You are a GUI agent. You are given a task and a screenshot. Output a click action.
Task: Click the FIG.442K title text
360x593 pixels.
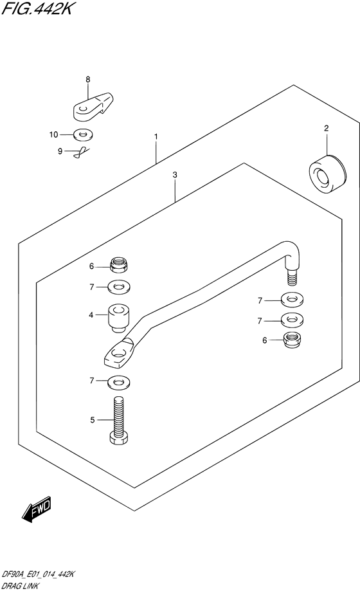click(x=36, y=8)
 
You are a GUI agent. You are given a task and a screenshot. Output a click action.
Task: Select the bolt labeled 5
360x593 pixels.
click(x=118, y=420)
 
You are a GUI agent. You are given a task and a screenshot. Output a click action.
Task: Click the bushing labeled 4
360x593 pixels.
click(x=119, y=318)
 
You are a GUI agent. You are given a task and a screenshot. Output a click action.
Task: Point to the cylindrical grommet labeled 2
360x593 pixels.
click(x=327, y=174)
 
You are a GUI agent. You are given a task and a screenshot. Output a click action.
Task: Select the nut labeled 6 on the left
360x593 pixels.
click(x=118, y=264)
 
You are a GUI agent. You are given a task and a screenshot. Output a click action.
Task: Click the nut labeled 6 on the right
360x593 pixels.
click(x=292, y=340)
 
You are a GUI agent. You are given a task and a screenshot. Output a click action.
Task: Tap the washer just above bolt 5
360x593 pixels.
click(x=118, y=382)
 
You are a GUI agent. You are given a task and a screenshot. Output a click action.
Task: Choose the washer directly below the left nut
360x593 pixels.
click(x=118, y=287)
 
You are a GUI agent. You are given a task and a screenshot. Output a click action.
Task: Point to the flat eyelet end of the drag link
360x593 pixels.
click(x=119, y=354)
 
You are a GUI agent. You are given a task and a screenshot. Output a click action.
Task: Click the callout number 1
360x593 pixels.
click(x=156, y=136)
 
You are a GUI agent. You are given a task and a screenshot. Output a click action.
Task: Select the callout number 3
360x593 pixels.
click(x=174, y=175)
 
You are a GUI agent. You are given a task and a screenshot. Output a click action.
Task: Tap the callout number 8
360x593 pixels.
click(x=87, y=79)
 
